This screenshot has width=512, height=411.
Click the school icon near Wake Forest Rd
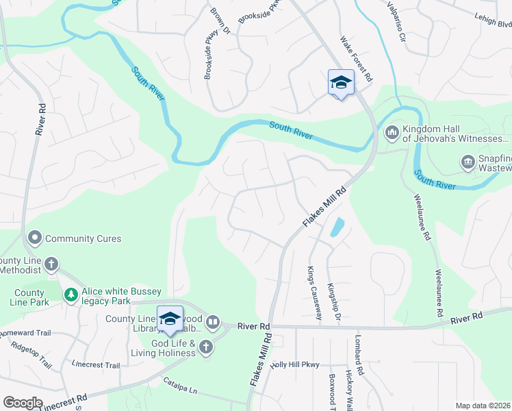pyautogui.click(x=341, y=83)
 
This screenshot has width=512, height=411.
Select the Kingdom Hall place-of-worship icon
pyautogui.click(x=392, y=132)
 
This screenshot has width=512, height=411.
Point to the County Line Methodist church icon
pyautogui.click(x=51, y=264)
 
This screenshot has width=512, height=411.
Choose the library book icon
pyautogui.click(x=213, y=322)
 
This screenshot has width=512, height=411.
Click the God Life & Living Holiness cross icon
pyautogui.click(x=206, y=348)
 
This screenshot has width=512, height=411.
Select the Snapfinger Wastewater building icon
pyautogui.click(x=468, y=162)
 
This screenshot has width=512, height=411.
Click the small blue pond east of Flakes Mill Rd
pyautogui.click(x=337, y=227)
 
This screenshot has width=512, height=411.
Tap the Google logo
pyautogui.click(x=23, y=403)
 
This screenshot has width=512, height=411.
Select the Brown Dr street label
pyautogui.click(x=219, y=21)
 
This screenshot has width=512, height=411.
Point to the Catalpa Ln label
pyautogui.click(x=179, y=385)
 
